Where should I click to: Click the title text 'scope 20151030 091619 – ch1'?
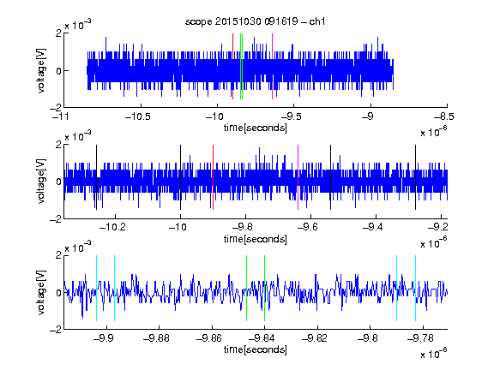pyautogui.click(x=256, y=21)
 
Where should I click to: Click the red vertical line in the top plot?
pyautogui.click(x=232, y=67)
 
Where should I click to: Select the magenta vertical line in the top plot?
pyautogui.click(x=272, y=67)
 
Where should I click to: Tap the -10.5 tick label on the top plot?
pyautogui.click(x=138, y=116)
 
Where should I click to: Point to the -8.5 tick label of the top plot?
pyautogui.click(x=444, y=116)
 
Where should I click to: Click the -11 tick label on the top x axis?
pyautogui.click(x=61, y=116)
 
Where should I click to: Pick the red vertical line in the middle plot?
pyautogui.click(x=213, y=177)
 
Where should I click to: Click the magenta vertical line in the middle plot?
pyautogui.click(x=298, y=177)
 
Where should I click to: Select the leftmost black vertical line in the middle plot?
pyautogui.click(x=96, y=177)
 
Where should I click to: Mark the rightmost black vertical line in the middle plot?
pyautogui.click(x=416, y=177)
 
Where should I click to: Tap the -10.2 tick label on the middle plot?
pyautogui.click(x=112, y=227)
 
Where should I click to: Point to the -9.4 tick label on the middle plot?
pyautogui.click(x=373, y=227)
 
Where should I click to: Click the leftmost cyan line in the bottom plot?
pyautogui.click(x=96, y=288)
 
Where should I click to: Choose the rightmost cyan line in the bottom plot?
pyautogui.click(x=416, y=288)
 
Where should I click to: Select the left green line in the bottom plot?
pyautogui.click(x=246, y=288)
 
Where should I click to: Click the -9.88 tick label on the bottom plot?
pyautogui.click(x=156, y=338)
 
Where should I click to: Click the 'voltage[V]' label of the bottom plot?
pyautogui.click(x=41, y=292)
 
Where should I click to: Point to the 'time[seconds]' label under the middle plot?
pyautogui.click(x=256, y=239)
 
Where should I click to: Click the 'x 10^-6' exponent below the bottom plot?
pyautogui.click(x=434, y=354)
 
